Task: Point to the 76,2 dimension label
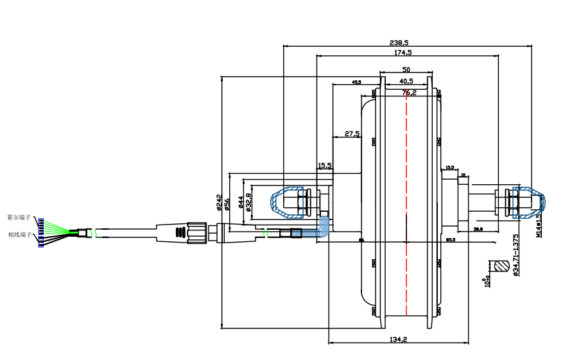click(x=409, y=92)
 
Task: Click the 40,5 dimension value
click(x=406, y=81)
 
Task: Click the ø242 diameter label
click(x=220, y=203)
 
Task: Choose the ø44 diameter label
click(x=240, y=202)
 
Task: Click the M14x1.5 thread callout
click(x=539, y=223)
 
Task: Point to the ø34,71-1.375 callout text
click(x=516, y=255)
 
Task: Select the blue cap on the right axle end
click(x=531, y=202)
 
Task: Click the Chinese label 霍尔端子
click(x=19, y=218)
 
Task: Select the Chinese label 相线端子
click(x=19, y=235)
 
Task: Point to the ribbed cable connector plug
click(x=193, y=230)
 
